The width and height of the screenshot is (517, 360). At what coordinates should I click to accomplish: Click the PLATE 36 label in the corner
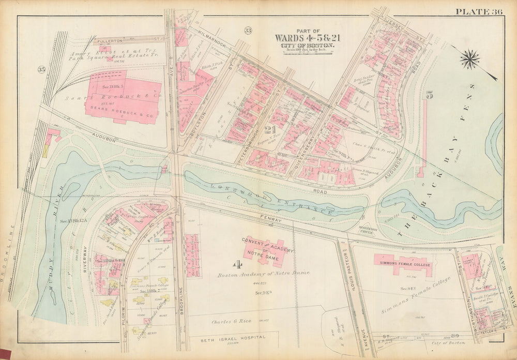[x=483, y=12]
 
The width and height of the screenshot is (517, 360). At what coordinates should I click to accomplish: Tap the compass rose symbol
[x=469, y=59]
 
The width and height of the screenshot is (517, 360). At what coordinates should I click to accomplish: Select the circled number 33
[x=248, y=31]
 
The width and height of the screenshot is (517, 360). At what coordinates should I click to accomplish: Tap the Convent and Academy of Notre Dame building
[x=268, y=247]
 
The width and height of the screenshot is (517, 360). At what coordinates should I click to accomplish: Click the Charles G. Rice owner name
[x=232, y=321]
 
